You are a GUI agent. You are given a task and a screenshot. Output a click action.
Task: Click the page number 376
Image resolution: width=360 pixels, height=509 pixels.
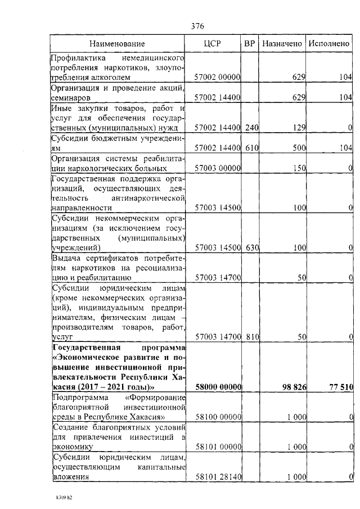click(x=197, y=26)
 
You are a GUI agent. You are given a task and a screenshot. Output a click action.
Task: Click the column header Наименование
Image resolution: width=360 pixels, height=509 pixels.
click(x=118, y=43)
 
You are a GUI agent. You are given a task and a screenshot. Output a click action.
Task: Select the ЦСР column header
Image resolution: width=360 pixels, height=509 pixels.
click(x=218, y=43)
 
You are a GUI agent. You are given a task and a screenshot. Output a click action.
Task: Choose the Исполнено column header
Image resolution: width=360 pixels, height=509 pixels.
click(x=329, y=43)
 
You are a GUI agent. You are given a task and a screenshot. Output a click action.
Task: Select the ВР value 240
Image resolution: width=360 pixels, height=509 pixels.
click(x=251, y=128)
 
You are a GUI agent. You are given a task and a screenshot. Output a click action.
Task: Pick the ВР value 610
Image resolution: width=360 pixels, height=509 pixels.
click(x=251, y=148)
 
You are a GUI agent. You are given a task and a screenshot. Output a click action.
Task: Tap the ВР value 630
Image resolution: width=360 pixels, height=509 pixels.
click(x=251, y=247)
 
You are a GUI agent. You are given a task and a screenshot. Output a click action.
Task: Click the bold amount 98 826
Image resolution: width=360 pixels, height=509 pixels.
click(x=292, y=388)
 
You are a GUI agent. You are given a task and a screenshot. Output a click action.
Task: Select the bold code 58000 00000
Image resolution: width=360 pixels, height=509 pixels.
click(x=218, y=388)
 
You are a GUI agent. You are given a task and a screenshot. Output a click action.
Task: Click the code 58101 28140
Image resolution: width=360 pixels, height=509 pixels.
click(x=218, y=477)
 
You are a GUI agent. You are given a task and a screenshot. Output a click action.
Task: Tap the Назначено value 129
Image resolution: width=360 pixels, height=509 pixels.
click(x=299, y=128)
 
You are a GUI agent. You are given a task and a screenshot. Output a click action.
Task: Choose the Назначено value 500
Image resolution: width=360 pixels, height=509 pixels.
click(x=299, y=148)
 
